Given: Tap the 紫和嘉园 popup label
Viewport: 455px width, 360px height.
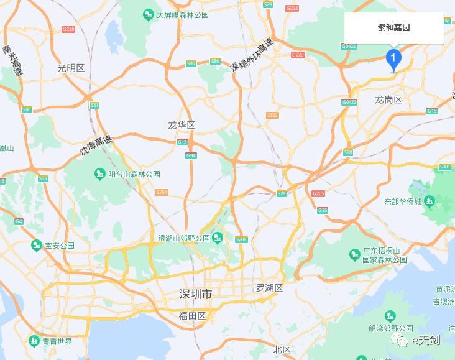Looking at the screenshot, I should coord(394,28).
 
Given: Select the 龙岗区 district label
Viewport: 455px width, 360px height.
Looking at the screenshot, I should coord(388,100).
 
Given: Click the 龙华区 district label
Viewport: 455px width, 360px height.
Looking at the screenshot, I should coord(182,126).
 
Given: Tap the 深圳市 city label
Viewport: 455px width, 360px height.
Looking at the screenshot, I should coord(195,294).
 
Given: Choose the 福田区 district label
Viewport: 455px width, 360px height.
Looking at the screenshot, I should coord(192,316).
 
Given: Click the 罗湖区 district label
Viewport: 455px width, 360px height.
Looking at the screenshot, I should coord(269,288).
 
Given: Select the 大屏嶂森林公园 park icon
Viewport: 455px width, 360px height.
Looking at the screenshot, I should coord(148,14).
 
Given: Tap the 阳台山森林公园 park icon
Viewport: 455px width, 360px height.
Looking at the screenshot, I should coord(99,174).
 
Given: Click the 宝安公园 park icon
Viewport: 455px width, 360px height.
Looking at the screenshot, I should coord(37,246).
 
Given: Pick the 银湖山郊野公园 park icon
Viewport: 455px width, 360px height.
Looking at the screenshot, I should coord(218,238).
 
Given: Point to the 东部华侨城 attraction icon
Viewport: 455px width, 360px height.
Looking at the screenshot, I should coord(429,201).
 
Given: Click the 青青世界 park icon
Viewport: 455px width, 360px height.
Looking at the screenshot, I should coord(34,341).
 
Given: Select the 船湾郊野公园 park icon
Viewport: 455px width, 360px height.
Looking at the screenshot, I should coord(390,316).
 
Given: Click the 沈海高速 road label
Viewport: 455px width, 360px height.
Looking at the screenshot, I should coord(96,145).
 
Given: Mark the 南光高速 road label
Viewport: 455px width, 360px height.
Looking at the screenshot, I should coord(12,61).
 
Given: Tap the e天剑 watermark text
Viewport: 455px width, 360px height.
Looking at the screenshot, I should coord(425,339).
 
